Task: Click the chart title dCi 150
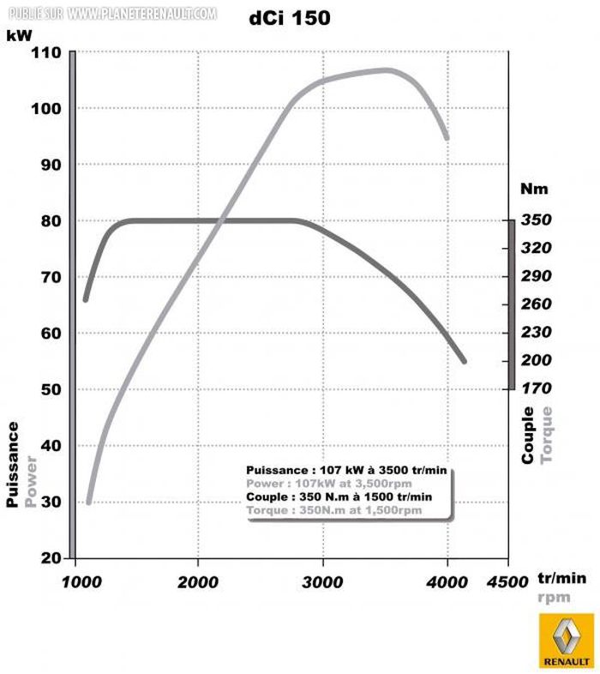point(289,17)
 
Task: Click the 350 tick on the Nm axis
point(536,220)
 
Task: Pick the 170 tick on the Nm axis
point(536,388)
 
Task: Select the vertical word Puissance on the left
point(13,463)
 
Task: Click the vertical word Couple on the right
point(528,436)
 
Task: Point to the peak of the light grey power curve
point(387,70)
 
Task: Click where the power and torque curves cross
point(223,220)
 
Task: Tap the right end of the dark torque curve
point(464,361)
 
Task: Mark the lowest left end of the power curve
point(88,502)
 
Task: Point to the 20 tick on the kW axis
point(51,557)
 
